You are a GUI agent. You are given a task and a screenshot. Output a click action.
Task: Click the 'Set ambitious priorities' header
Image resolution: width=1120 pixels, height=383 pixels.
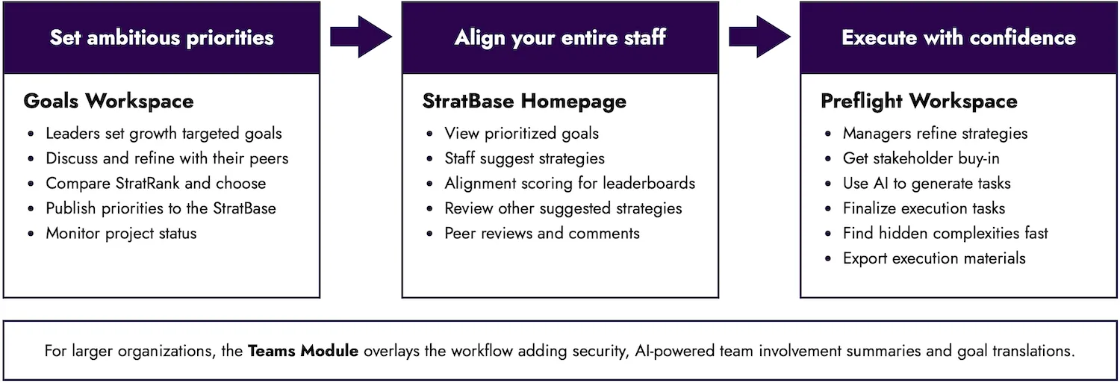[161, 37]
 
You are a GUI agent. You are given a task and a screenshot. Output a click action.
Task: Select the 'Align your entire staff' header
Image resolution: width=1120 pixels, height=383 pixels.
[560, 37]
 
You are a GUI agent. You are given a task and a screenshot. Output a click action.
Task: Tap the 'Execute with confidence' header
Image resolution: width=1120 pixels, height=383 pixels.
[959, 37]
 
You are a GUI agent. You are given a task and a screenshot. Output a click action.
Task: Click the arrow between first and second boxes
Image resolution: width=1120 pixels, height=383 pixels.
[361, 36]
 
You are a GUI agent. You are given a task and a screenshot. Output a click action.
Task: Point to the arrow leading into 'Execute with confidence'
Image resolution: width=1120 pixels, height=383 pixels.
[759, 36]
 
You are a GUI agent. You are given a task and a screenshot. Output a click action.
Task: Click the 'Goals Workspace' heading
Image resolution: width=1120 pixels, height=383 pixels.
[108, 102]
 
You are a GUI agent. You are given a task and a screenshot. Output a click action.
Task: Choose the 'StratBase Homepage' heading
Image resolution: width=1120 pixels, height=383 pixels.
[524, 102]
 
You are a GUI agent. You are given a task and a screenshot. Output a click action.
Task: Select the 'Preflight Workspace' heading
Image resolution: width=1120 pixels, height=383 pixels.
[918, 102]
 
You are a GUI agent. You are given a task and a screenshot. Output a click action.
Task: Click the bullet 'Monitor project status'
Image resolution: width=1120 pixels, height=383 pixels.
[121, 233]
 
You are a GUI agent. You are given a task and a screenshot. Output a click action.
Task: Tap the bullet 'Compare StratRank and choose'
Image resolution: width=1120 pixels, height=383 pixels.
[155, 183]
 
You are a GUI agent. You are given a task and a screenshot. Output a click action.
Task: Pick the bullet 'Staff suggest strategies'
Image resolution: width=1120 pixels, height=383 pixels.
[524, 158]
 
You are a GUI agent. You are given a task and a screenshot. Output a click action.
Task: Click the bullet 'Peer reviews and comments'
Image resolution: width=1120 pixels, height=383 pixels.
[541, 233]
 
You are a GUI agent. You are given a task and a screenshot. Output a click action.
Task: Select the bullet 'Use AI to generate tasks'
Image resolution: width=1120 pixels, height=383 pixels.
[926, 183]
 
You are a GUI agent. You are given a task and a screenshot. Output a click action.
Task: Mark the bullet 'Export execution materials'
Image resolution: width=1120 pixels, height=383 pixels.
[933, 258]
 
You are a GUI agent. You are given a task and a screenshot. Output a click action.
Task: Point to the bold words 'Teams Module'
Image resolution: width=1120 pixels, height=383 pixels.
[304, 351]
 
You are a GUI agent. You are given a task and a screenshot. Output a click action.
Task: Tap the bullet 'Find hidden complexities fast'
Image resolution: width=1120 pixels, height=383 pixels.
[945, 233]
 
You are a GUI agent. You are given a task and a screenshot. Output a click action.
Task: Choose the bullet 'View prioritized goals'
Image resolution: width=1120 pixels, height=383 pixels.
[521, 134]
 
